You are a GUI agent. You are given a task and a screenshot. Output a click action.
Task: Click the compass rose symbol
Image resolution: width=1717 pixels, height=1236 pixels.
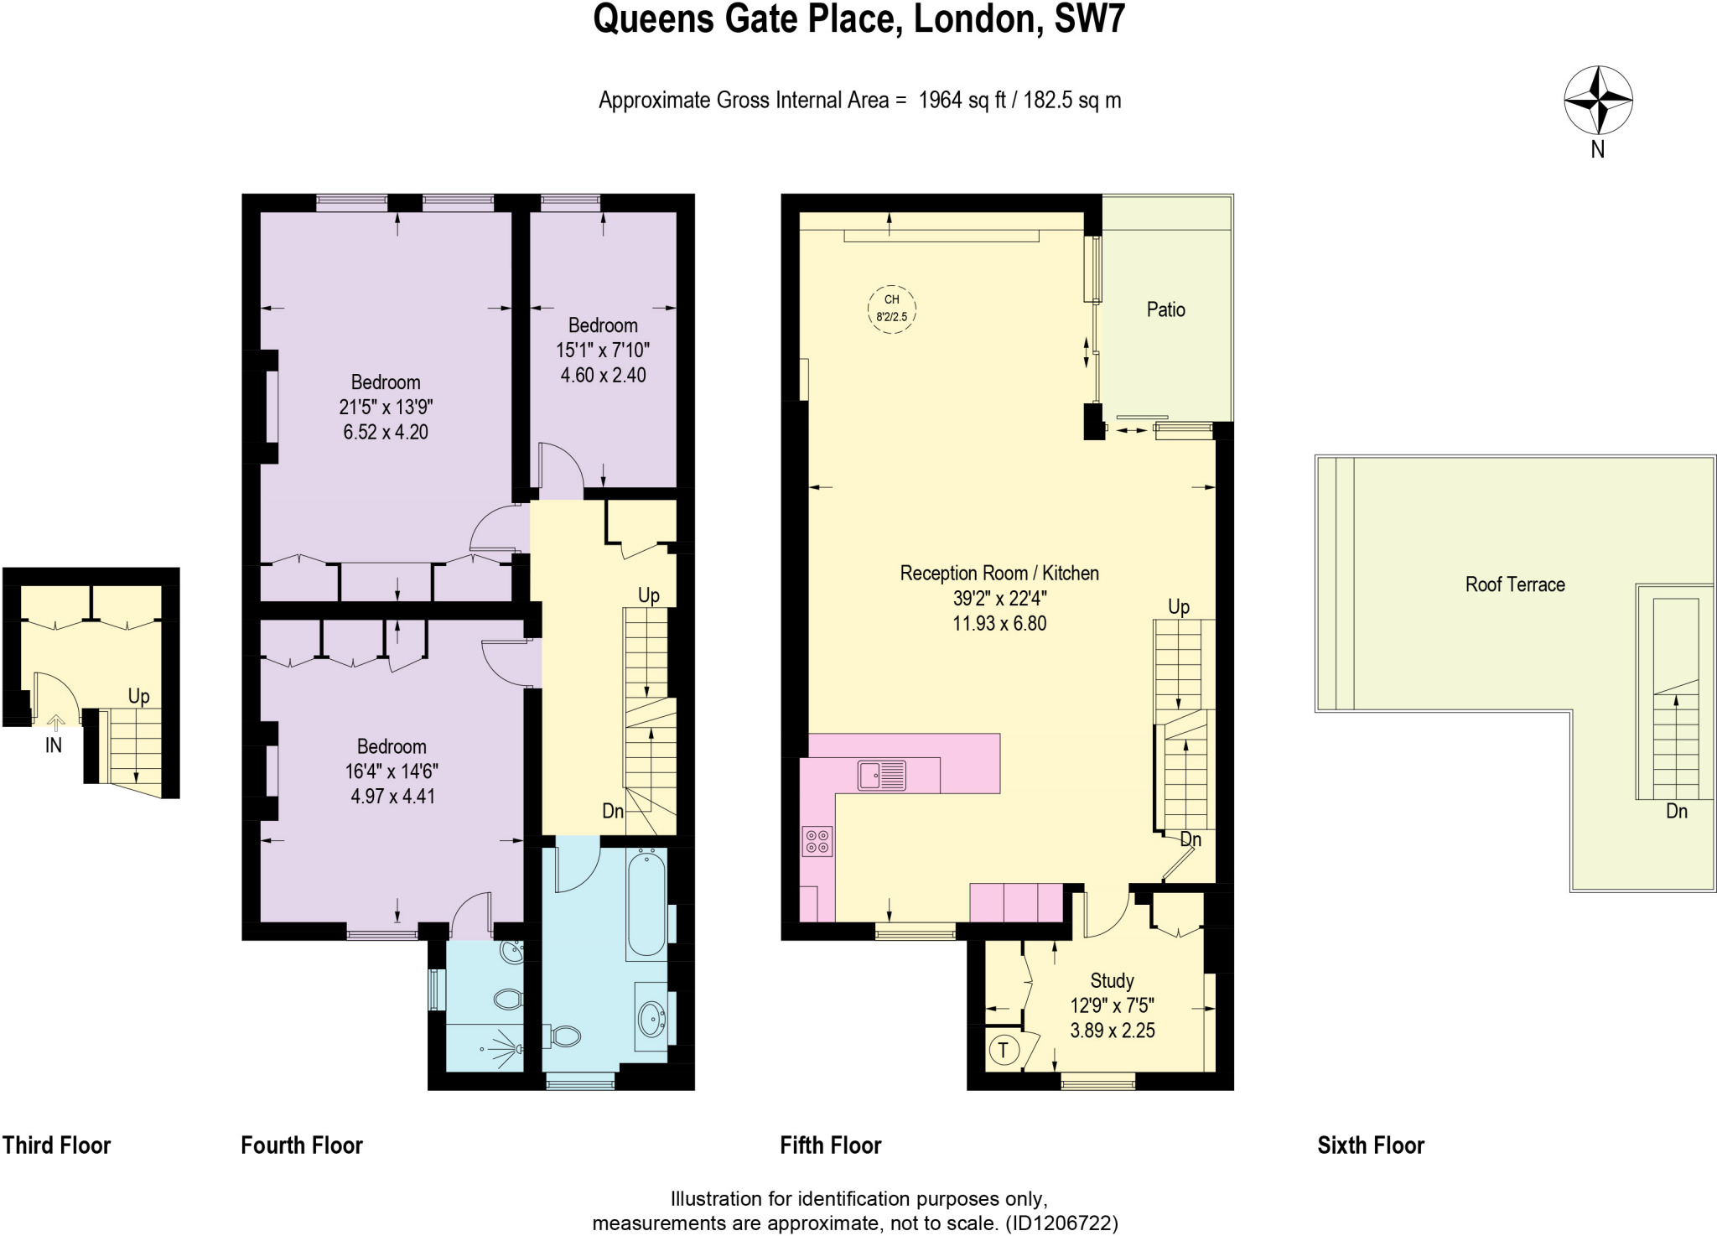point(1598,100)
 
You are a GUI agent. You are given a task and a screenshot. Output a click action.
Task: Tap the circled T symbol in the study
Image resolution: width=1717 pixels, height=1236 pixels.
point(1004,1049)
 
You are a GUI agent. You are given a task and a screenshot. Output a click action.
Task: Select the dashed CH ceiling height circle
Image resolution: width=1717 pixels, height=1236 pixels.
point(891,309)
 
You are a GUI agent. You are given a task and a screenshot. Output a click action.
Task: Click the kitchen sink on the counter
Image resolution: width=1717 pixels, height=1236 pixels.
point(882,775)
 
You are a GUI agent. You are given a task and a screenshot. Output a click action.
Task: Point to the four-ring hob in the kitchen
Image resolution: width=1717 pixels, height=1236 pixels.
point(817,841)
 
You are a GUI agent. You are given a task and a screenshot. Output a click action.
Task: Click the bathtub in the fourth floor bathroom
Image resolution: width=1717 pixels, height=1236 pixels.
point(646,902)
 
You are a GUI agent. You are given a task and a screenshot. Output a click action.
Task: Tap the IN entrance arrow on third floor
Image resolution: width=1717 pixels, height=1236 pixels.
point(55,722)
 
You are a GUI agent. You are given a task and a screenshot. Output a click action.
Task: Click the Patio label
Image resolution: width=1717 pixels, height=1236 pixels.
point(1165,309)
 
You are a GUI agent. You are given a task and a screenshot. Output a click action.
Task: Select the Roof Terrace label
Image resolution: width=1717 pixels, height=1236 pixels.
point(1514,584)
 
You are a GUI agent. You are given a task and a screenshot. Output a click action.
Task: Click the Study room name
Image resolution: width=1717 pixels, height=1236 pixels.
point(1112,980)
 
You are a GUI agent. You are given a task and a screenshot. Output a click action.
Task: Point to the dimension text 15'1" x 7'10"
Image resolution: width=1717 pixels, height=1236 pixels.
point(603,351)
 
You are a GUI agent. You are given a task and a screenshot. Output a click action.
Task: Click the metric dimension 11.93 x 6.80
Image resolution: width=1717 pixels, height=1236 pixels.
point(999,623)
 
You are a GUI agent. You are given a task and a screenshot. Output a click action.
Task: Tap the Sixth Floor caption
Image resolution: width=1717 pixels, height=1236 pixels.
point(1370,1145)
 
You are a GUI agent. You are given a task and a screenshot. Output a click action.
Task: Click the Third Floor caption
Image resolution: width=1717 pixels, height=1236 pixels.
point(56,1145)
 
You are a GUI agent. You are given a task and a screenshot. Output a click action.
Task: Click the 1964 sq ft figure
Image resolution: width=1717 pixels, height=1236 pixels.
point(962,101)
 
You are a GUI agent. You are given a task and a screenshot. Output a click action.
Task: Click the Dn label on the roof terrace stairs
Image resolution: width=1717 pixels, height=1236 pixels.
point(1676,811)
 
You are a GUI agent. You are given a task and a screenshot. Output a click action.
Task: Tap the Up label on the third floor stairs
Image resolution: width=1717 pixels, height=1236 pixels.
point(138,696)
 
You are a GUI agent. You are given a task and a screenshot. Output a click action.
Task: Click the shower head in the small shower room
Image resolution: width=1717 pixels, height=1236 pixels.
point(516,1048)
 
